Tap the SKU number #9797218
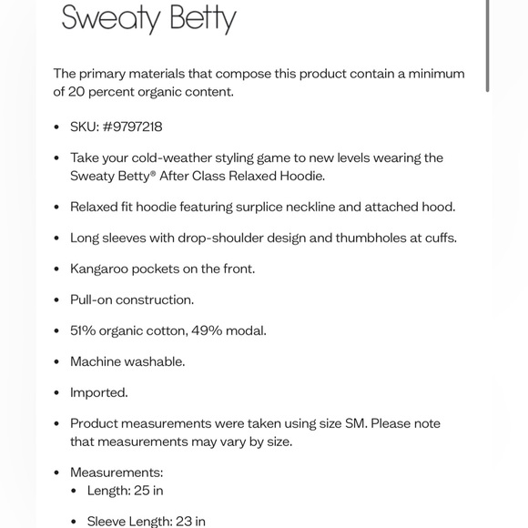(133, 127)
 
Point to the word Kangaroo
(103, 269)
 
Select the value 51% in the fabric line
(85, 330)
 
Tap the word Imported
(98, 392)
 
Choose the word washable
(156, 361)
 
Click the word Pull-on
(94, 300)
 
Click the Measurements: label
(117, 472)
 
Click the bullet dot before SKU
(57, 127)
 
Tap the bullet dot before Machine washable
(57, 361)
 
